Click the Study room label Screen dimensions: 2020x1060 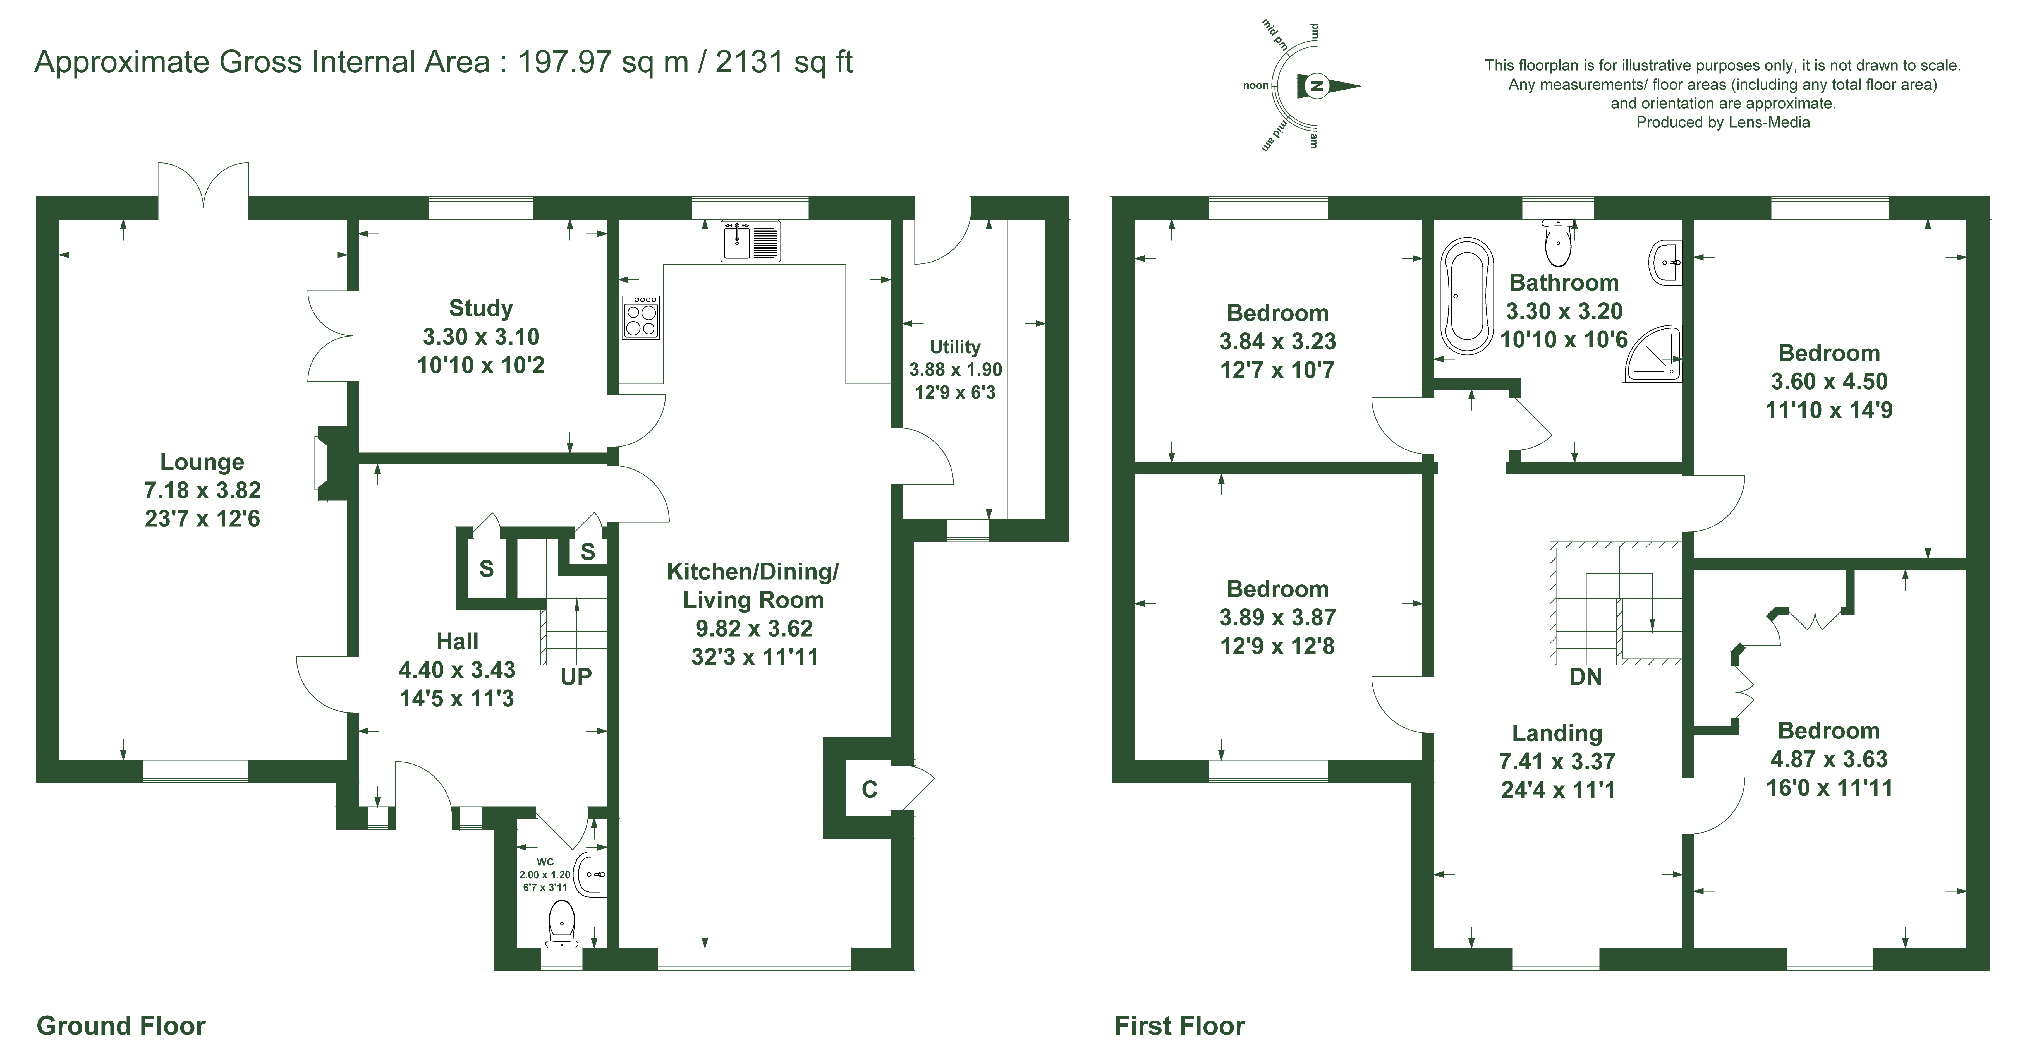(x=481, y=308)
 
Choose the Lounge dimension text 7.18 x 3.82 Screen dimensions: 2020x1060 (x=202, y=490)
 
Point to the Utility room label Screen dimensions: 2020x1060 (x=955, y=347)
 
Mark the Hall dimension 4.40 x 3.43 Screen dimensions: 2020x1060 (x=457, y=670)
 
